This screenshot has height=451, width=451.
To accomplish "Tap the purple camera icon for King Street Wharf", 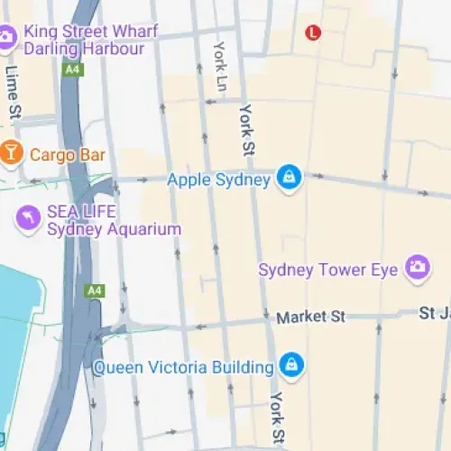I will (x=6, y=37).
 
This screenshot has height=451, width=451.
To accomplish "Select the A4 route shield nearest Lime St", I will (x=71, y=69).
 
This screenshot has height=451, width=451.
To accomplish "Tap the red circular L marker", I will (x=313, y=32).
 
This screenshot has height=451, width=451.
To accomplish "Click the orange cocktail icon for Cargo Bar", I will (x=11, y=154).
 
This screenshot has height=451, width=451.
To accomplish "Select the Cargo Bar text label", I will (x=68, y=155).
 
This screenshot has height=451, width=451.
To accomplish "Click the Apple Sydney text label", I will (x=219, y=179).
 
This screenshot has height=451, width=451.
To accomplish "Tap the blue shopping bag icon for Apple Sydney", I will (x=289, y=178).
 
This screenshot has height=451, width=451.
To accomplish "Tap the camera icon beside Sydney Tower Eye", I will (x=417, y=267).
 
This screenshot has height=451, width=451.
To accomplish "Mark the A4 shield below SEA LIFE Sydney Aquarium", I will (x=94, y=290).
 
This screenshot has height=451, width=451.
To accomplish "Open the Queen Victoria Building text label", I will (x=183, y=367).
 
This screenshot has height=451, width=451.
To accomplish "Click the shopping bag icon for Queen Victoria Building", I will (x=290, y=365).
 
